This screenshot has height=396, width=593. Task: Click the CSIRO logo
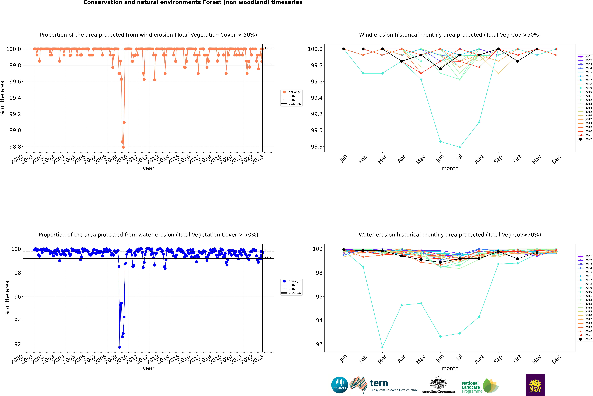340,385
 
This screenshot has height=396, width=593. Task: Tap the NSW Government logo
535,385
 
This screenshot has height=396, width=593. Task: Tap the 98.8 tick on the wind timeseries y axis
15,147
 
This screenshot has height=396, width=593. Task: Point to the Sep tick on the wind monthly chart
498,159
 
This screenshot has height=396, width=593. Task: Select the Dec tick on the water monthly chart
556,359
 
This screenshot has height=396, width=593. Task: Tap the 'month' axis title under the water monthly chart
450,368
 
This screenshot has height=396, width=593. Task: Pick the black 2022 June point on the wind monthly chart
440,69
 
